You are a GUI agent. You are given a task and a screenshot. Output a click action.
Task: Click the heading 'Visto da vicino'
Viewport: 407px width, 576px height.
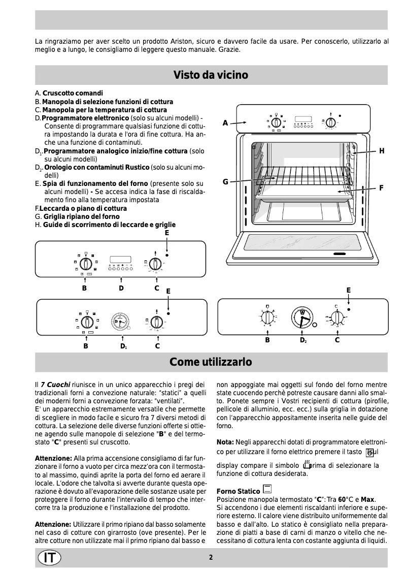pos(211,75)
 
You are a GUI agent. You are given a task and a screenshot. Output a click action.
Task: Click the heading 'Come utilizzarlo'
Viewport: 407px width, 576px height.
pos(211,362)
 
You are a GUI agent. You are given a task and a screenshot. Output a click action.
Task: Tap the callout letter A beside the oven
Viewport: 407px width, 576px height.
pos(225,123)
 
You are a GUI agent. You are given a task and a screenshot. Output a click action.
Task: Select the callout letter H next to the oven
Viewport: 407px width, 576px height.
pos(382,151)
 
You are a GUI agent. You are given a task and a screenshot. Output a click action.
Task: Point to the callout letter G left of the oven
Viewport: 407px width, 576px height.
pos(225,182)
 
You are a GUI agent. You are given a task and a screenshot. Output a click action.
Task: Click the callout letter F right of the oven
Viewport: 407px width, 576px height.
pos(381,188)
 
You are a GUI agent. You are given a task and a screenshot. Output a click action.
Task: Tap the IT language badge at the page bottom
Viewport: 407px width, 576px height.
pos(49,557)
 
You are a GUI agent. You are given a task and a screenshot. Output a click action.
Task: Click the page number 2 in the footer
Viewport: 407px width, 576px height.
pos(211,557)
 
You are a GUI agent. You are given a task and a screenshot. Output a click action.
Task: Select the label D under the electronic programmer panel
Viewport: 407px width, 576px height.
pos(121,288)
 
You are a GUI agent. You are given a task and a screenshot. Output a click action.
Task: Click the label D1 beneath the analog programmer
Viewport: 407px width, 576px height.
pos(123,346)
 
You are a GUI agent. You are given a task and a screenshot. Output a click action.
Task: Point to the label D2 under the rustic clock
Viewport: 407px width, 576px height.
pos(303,340)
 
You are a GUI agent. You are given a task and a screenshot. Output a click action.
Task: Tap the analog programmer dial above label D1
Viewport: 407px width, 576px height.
pos(122,322)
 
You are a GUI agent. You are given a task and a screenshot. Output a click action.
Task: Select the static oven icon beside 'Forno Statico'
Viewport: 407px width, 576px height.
pos(267,489)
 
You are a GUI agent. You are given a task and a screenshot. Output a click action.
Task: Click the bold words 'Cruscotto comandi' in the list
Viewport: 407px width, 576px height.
pos(73,93)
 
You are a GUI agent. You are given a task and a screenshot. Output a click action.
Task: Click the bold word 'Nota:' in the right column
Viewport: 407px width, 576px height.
pos(225,441)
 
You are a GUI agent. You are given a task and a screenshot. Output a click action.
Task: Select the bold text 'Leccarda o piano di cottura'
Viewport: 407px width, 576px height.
pos(83,208)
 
